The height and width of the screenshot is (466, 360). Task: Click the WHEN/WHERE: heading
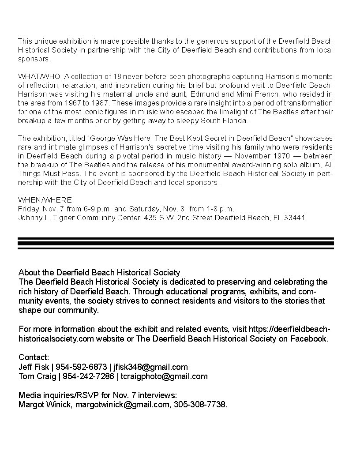coord(46,200)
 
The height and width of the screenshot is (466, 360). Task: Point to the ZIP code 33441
coord(296,218)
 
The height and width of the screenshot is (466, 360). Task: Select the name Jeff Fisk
coord(34,367)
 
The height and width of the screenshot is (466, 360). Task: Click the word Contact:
coord(34,357)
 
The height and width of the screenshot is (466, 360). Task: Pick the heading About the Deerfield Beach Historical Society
coord(99,272)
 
